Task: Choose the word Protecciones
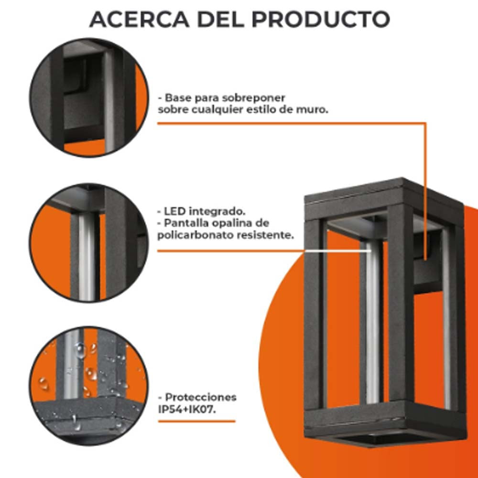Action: click(x=201, y=397)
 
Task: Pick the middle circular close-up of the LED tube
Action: click(x=89, y=242)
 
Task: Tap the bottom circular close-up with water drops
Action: click(x=89, y=386)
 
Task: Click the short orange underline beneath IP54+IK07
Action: click(x=196, y=421)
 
